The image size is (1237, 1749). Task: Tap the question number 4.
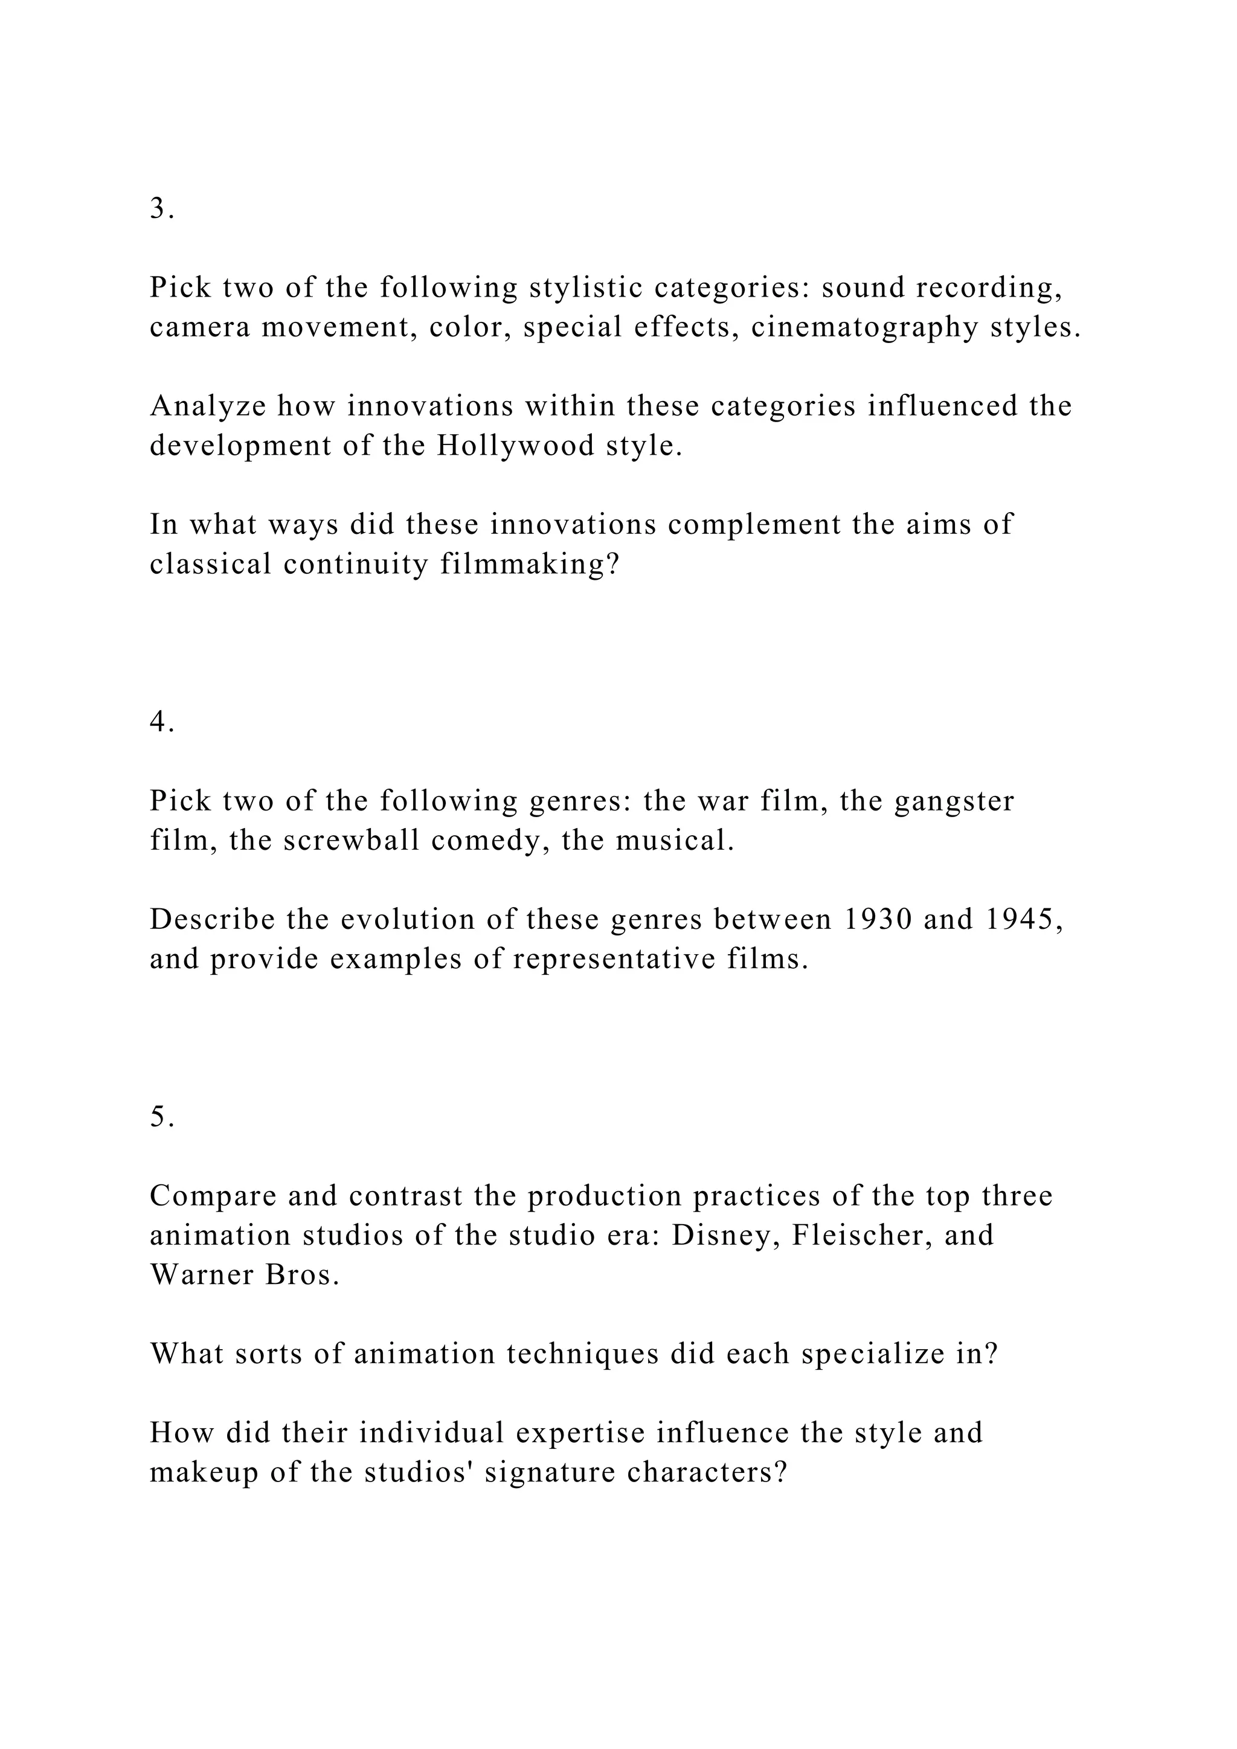[x=161, y=721]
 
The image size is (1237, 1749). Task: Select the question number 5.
[x=161, y=1117]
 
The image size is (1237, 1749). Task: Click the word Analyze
[x=208, y=406]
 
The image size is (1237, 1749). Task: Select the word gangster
[x=954, y=801]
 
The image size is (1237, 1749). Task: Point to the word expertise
[x=579, y=1433]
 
